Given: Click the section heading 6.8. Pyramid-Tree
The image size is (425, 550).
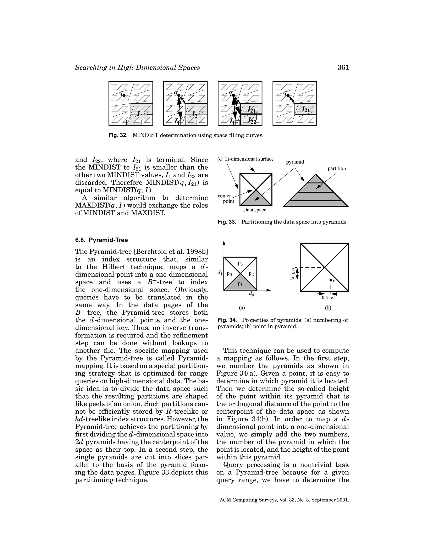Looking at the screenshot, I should (101, 240).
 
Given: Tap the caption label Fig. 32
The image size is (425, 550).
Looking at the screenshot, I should (117, 135).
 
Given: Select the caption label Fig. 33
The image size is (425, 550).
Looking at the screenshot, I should (226, 222).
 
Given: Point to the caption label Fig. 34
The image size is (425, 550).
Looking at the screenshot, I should (227, 320).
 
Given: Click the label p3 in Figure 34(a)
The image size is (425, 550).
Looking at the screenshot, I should (240, 264).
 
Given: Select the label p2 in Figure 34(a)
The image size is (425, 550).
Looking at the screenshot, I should (251, 274).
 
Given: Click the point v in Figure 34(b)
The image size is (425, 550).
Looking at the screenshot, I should (331, 280).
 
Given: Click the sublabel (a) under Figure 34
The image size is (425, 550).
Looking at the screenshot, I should (242, 308).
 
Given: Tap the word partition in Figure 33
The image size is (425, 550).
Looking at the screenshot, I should (337, 169).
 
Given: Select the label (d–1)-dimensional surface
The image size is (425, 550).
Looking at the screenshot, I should (245, 159).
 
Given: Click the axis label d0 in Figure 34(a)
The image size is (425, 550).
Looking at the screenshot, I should (251, 294).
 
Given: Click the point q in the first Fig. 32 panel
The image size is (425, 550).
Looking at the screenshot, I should (124, 95).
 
